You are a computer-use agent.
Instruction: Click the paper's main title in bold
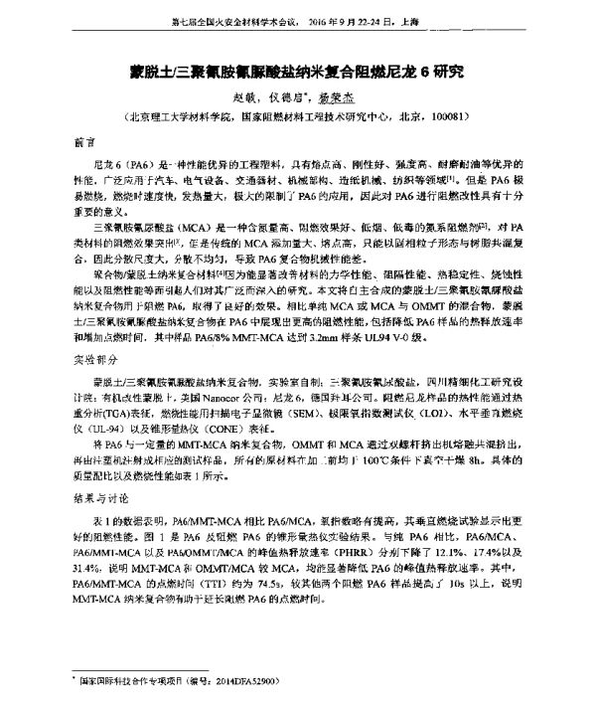pos(298,74)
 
